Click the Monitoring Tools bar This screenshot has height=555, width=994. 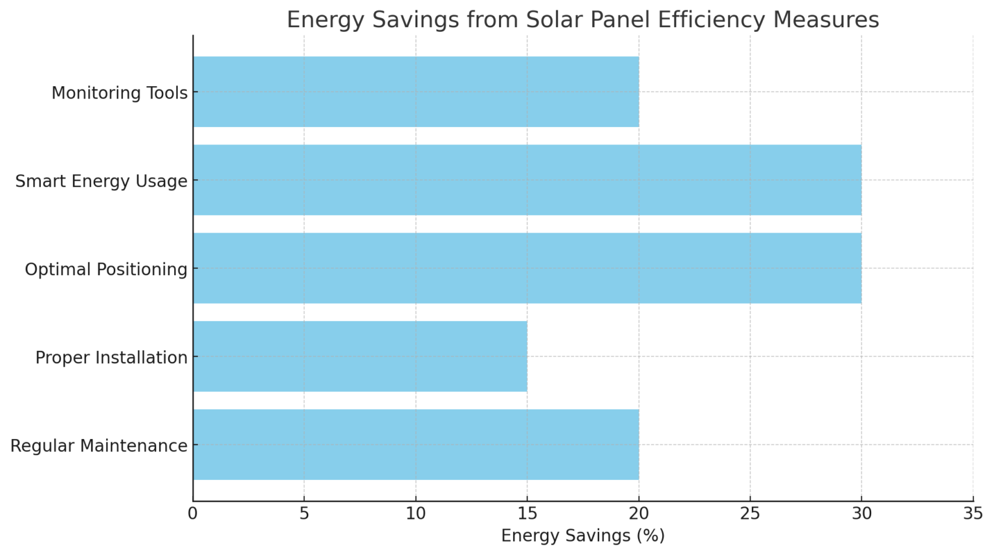(415, 92)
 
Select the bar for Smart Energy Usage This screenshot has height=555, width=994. (527, 180)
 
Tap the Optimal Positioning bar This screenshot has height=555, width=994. (527, 268)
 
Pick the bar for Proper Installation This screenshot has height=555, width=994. (360, 356)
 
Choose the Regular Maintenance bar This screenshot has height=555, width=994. (415, 444)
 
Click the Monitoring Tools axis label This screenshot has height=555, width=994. (119, 93)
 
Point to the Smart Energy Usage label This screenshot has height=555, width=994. (101, 181)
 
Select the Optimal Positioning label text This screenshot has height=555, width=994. (106, 269)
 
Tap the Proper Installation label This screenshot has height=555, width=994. (111, 357)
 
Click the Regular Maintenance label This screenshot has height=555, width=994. (99, 446)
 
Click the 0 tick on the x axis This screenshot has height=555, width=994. (193, 514)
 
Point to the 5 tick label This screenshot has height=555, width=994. (304, 514)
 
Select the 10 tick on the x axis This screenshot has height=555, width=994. (415, 514)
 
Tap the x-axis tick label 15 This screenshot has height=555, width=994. (527, 514)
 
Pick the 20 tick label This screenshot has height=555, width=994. (639, 514)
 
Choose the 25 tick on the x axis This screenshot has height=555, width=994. (750, 514)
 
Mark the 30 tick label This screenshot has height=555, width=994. (861, 514)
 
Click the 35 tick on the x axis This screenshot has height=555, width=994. (973, 514)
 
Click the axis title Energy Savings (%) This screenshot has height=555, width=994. (582, 536)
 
